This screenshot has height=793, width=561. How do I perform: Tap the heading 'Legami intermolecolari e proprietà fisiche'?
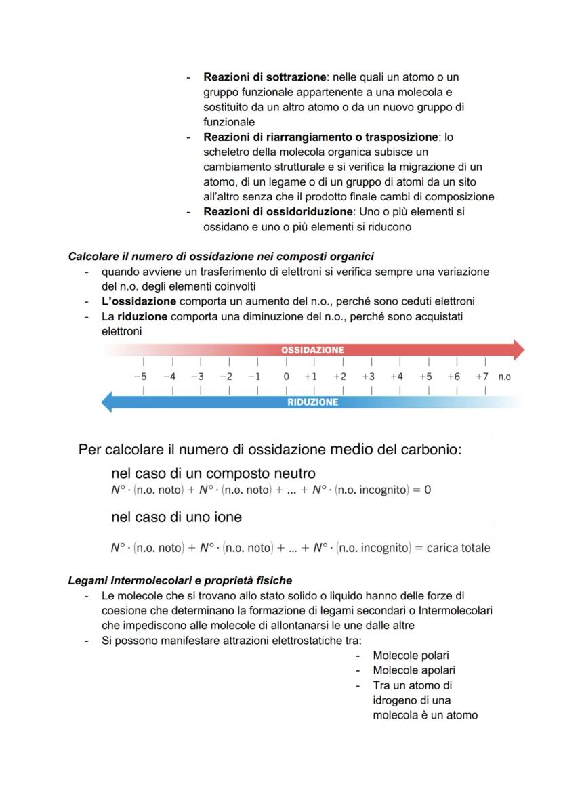pos(180,580)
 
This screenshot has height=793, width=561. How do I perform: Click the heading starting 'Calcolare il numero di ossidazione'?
pos(221,257)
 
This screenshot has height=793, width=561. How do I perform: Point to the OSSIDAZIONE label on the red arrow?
pos(312,350)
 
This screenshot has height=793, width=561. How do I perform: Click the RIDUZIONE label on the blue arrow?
pos(312,402)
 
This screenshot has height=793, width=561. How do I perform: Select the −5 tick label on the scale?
pos(140,377)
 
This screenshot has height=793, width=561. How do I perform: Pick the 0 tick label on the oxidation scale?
pos(287,377)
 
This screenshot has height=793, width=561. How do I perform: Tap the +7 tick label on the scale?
pos(482,377)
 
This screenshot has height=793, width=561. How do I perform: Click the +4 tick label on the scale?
pos(396,377)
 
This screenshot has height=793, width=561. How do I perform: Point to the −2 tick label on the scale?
pos(226,377)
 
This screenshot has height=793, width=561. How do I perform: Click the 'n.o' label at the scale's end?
pos(504,377)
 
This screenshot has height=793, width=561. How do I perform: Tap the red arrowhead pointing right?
pos(518,349)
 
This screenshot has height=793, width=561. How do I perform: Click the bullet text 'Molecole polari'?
pos(411,656)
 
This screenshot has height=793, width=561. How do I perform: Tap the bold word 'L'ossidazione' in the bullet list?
pos(139,301)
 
